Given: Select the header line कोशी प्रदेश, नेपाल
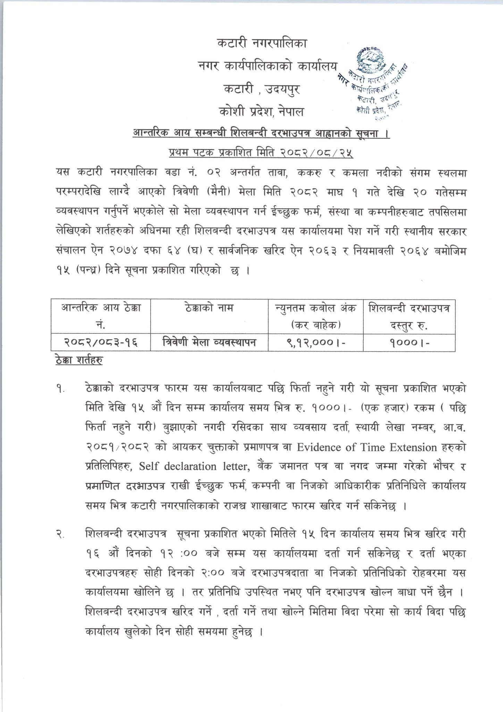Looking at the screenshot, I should coord(261,112).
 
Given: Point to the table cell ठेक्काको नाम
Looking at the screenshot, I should coord(209,308).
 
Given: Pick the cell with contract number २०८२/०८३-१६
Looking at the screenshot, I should coord(101,343).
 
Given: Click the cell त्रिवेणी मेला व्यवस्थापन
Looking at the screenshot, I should coord(209,343).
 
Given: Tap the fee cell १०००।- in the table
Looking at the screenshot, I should coord(409,343).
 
